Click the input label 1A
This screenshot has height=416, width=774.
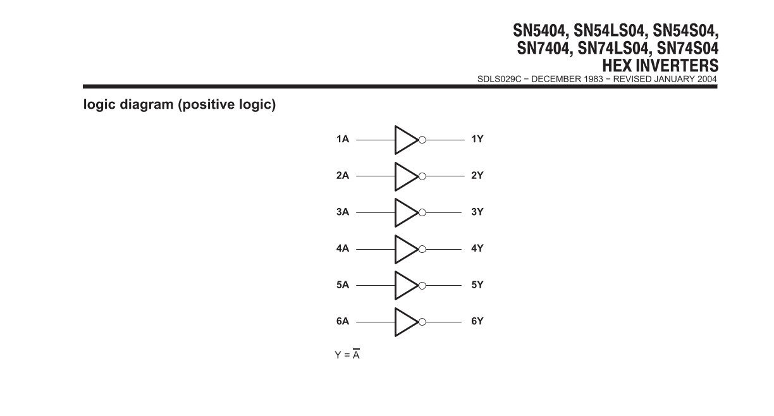coord(343,139)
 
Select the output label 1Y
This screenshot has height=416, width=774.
coord(477,139)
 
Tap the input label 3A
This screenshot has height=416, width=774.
coord(343,212)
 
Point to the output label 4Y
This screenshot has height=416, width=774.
coord(477,248)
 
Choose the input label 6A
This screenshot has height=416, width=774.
coord(343,321)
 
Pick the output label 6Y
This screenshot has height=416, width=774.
coord(477,321)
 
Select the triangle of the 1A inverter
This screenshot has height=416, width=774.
coord(396,140)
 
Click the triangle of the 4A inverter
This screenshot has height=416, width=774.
coord(396,249)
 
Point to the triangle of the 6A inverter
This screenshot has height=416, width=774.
coord(396,322)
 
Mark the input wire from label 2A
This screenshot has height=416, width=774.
coord(376,176)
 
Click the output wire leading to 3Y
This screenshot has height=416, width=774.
coord(444,213)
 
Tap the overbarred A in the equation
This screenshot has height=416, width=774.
coord(356,354)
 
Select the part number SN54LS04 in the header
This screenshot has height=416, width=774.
coord(609,31)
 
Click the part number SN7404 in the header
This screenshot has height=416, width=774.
coord(543,48)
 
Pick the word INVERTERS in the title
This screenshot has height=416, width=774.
coord(677,66)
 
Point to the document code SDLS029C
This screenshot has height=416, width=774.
coord(499,79)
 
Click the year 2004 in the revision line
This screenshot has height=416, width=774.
coord(707,79)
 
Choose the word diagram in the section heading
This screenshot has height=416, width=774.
coord(147,104)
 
